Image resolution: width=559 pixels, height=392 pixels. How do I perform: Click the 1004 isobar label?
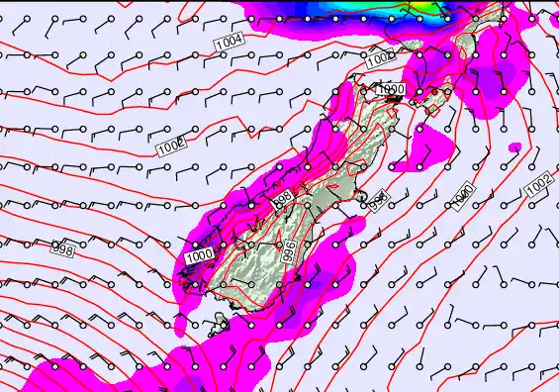pyautogui.click(x=230, y=43)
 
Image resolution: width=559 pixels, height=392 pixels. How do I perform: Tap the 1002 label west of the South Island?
pyautogui.click(x=170, y=147)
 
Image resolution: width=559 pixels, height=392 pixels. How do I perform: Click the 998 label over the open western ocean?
pyautogui.click(x=61, y=251)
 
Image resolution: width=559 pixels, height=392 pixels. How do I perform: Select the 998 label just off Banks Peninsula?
pyautogui.click(x=377, y=201)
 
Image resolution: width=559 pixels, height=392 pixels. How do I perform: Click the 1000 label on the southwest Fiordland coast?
pyautogui.click(x=199, y=257)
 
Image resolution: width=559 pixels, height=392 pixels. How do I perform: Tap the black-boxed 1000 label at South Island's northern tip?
pyautogui.click(x=391, y=90)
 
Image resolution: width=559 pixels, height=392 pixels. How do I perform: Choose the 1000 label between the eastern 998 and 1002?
pyautogui.click(x=461, y=196)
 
